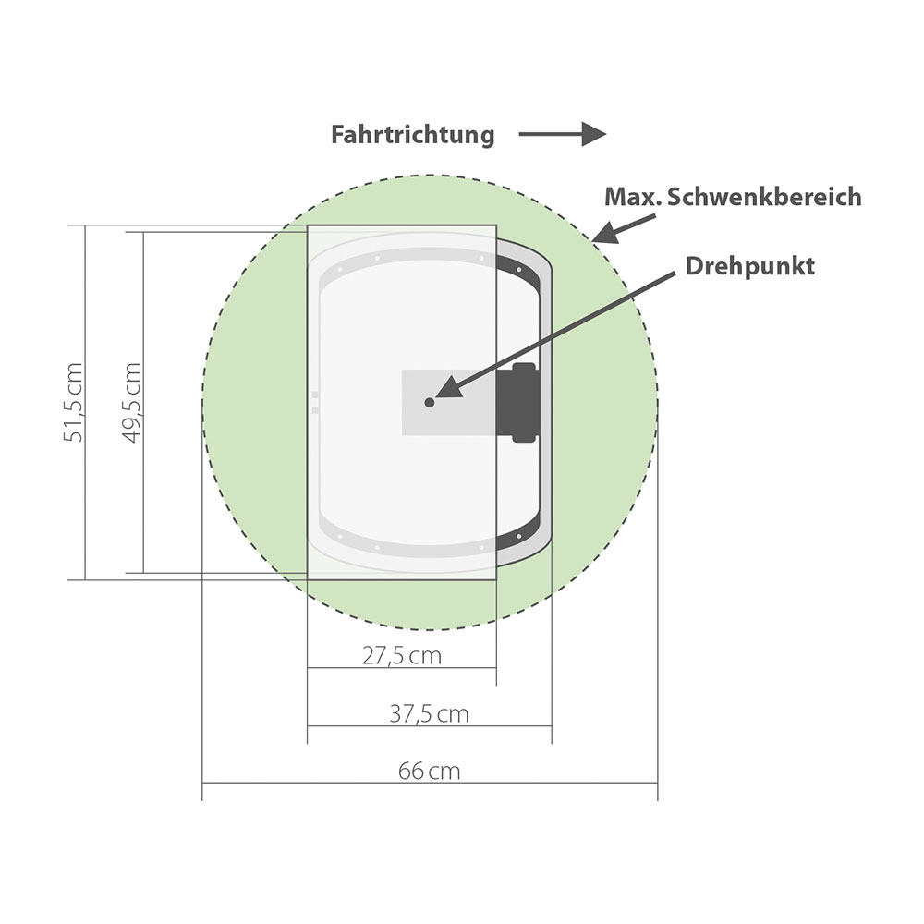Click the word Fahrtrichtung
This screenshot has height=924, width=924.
pyautogui.click(x=412, y=135)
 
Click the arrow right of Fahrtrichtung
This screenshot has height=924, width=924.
pyautogui.click(x=562, y=134)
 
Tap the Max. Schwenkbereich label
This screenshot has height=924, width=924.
pyautogui.click(x=733, y=197)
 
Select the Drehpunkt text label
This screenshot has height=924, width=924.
pyautogui.click(x=749, y=266)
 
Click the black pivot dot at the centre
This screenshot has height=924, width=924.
pyautogui.click(x=430, y=403)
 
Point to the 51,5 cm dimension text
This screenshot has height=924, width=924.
pyautogui.click(x=74, y=403)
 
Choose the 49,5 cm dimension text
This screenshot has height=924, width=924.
pyautogui.click(x=132, y=403)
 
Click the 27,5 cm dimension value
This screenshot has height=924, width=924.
pyautogui.click(x=401, y=656)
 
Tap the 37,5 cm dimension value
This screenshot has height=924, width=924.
pyautogui.click(x=429, y=714)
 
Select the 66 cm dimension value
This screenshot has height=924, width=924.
pyautogui.click(x=429, y=771)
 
